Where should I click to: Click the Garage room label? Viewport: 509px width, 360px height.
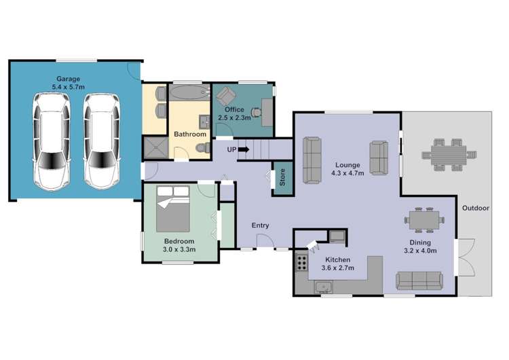click(68, 79)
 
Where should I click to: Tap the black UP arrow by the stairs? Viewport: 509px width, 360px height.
click(244, 149)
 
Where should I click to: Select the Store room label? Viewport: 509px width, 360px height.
click(282, 177)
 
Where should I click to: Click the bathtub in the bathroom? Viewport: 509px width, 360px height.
click(190, 92)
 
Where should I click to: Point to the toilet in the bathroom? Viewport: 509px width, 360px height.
click(203, 148)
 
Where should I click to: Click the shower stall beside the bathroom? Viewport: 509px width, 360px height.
click(156, 147)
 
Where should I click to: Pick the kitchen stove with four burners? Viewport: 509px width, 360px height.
click(301, 262)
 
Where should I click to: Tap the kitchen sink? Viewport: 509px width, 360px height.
click(323, 287)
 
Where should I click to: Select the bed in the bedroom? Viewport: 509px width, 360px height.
click(172, 209)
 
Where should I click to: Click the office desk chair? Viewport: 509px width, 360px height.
click(257, 113)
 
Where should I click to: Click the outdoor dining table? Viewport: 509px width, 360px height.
click(449, 155)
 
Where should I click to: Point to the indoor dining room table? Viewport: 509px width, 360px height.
click(424, 220)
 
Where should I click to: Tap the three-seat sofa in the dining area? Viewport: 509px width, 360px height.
click(419, 281)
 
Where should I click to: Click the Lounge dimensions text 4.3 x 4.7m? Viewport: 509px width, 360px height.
click(347, 173)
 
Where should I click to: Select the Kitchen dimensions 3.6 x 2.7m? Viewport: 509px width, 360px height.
click(337, 268)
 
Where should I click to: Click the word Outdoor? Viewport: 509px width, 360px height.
click(476, 208)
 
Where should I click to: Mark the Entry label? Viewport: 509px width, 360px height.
click(261, 226)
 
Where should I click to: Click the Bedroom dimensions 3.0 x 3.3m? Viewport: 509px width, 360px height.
click(179, 249)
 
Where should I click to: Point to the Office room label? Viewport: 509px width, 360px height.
click(234, 109)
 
